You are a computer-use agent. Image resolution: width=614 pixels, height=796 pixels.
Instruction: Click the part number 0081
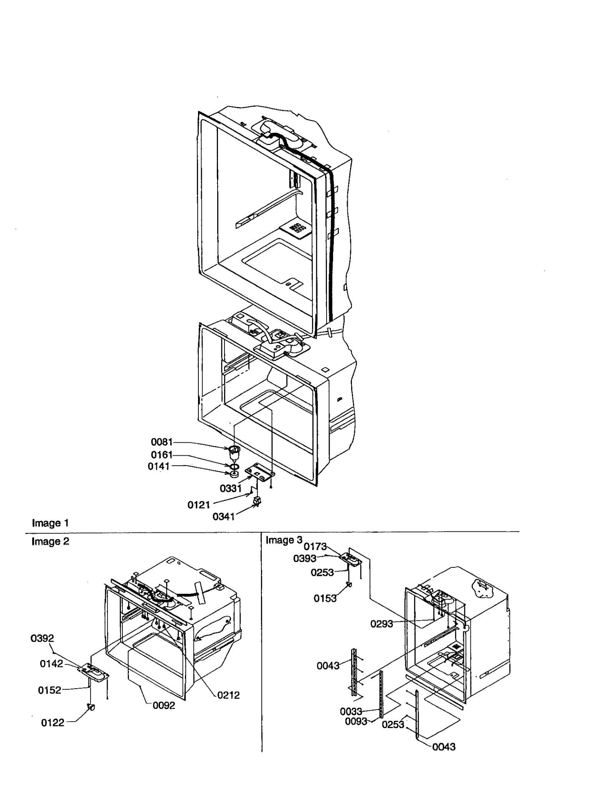pos(162,442)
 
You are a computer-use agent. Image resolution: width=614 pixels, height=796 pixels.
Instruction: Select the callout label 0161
pos(162,455)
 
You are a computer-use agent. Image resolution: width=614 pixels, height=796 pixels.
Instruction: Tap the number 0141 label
pos(158,466)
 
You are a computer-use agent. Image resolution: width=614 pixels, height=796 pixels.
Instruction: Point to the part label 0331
pos(230,488)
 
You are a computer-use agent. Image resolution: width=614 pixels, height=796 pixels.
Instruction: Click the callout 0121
pos(198,505)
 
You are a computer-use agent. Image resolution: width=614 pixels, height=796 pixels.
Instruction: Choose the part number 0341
pos(223,517)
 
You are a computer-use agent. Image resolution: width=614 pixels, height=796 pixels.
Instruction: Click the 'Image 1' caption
pos(50,523)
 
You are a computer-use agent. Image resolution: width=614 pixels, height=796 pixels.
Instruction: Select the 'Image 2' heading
pos(50,541)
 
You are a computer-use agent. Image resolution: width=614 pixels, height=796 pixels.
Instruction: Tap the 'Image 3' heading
pos(284,540)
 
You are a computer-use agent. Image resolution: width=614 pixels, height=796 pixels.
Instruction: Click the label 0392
pos(42,638)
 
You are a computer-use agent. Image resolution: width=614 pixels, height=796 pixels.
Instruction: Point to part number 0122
pos(53,723)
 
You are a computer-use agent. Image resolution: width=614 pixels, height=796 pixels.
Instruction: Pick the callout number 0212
pos(228,695)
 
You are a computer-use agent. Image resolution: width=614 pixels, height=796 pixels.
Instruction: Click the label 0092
pos(164,705)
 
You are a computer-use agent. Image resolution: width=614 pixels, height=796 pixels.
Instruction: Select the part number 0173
pos(315,546)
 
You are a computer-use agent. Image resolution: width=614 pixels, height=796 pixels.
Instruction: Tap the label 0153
pos(325,598)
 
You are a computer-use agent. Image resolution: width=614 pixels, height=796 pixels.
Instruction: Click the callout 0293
pos(381,624)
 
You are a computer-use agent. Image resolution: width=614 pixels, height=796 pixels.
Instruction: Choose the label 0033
pos(351,712)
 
